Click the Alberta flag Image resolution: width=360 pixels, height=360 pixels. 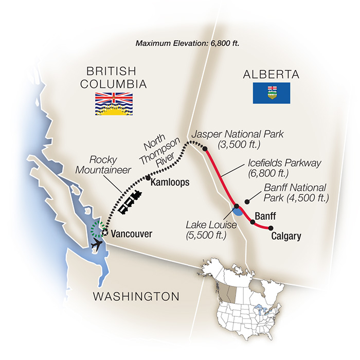[271, 94]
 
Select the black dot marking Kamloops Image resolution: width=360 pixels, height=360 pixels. [148, 178]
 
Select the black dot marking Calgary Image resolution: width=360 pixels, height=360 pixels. [271, 228]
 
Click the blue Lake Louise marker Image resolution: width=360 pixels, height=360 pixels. [237, 210]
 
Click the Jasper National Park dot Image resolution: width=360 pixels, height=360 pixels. [205, 149]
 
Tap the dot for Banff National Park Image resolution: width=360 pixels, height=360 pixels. [247, 201]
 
